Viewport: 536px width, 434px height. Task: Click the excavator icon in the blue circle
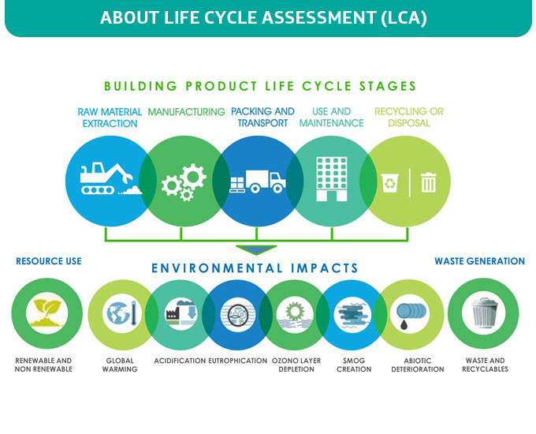click(106, 178)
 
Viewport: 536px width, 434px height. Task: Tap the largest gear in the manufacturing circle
click(193, 177)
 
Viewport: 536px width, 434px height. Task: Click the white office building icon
click(332, 178)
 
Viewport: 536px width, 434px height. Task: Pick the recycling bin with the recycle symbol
click(389, 183)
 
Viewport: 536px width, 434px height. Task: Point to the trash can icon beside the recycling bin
click(428, 182)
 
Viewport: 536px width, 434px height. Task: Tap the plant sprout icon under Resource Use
click(47, 312)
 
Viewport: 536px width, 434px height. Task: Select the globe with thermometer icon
click(122, 312)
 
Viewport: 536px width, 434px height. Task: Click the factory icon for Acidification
click(181, 312)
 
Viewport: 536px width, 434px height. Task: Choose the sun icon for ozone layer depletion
click(295, 312)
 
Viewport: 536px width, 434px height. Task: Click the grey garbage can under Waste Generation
click(484, 312)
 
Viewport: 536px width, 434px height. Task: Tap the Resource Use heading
click(49, 261)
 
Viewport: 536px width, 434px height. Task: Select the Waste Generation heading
click(479, 261)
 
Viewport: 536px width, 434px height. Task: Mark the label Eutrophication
click(237, 361)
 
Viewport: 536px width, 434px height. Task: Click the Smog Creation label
click(354, 365)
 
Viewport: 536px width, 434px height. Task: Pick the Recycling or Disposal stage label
click(409, 117)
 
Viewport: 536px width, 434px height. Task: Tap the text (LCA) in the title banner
click(404, 17)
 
